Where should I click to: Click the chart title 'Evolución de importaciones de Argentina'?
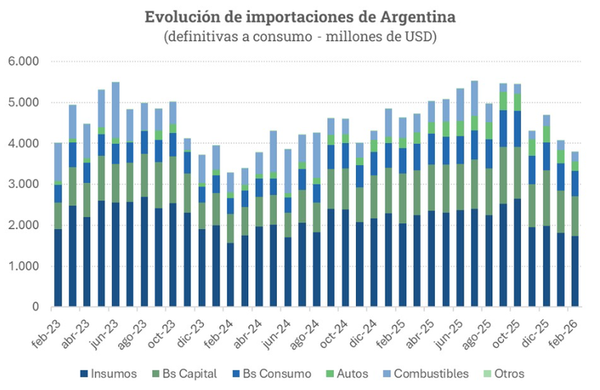(300, 16)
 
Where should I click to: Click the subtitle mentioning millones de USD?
(300, 37)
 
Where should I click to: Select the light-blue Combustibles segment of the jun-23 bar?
(116, 110)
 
